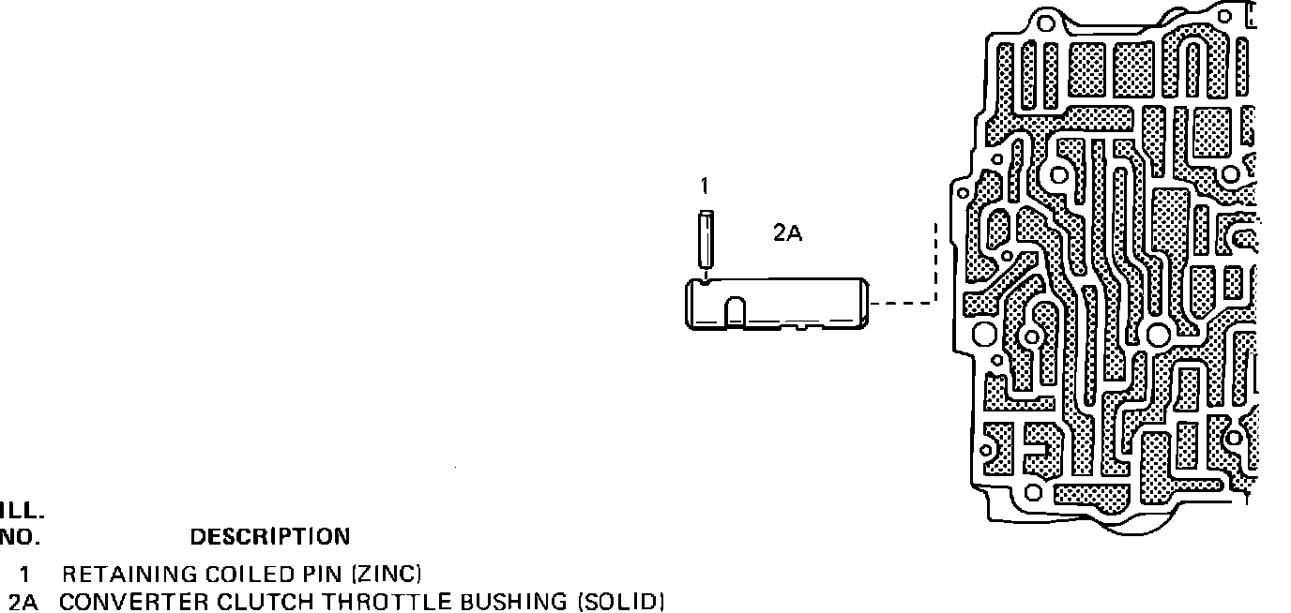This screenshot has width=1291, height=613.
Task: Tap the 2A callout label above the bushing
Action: (787, 234)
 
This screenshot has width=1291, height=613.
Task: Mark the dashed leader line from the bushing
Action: (904, 302)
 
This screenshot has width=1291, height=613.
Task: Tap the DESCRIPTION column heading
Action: (270, 537)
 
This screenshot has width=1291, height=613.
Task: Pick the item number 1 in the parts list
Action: (38, 574)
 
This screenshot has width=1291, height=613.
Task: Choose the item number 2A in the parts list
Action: (26, 601)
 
